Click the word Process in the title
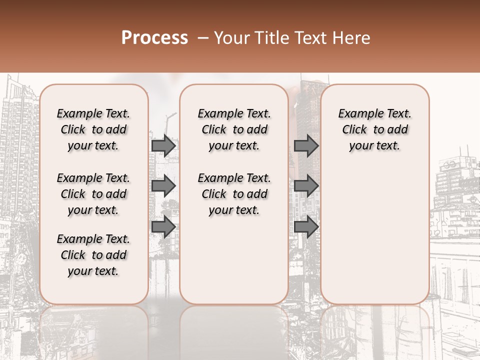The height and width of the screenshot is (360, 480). (154, 38)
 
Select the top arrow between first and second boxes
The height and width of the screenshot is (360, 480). (163, 146)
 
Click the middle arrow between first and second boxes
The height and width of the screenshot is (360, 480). (163, 186)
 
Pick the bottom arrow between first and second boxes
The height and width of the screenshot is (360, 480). (163, 226)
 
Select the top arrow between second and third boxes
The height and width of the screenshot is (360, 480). (306, 146)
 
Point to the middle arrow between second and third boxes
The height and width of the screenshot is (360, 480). (306, 186)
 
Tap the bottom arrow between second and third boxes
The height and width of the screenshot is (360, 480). (306, 226)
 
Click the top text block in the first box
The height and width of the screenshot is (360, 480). (93, 129)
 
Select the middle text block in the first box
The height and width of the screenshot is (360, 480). (93, 194)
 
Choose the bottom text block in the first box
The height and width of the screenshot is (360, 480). (93, 255)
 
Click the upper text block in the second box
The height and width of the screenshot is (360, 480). (234, 129)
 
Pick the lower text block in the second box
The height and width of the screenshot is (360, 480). (234, 194)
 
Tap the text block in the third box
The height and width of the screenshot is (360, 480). (375, 129)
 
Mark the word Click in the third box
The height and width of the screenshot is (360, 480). (354, 130)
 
